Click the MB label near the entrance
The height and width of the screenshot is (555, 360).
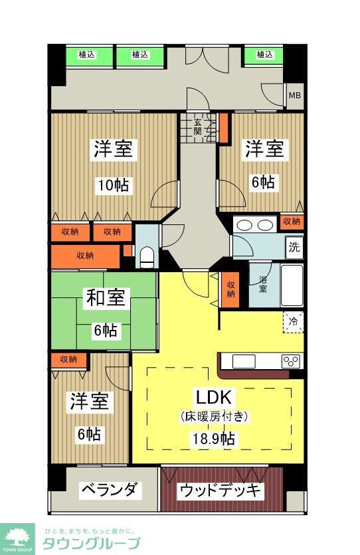coord(294,96)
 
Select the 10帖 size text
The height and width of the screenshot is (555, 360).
coord(114,185)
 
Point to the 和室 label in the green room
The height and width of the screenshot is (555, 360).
coord(104,299)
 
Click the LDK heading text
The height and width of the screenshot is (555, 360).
coord(213,398)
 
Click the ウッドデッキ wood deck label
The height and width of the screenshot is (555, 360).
coord(221,491)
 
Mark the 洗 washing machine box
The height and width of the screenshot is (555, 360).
coord(294,248)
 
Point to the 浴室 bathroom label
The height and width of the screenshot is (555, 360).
coord(263,284)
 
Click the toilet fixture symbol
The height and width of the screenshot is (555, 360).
coord(148,256)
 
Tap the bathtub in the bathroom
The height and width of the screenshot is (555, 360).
coord(292,284)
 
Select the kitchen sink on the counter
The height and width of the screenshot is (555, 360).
coord(242,361)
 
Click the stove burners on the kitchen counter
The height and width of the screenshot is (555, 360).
coord(291,361)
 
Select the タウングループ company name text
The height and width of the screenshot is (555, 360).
coord(91,543)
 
